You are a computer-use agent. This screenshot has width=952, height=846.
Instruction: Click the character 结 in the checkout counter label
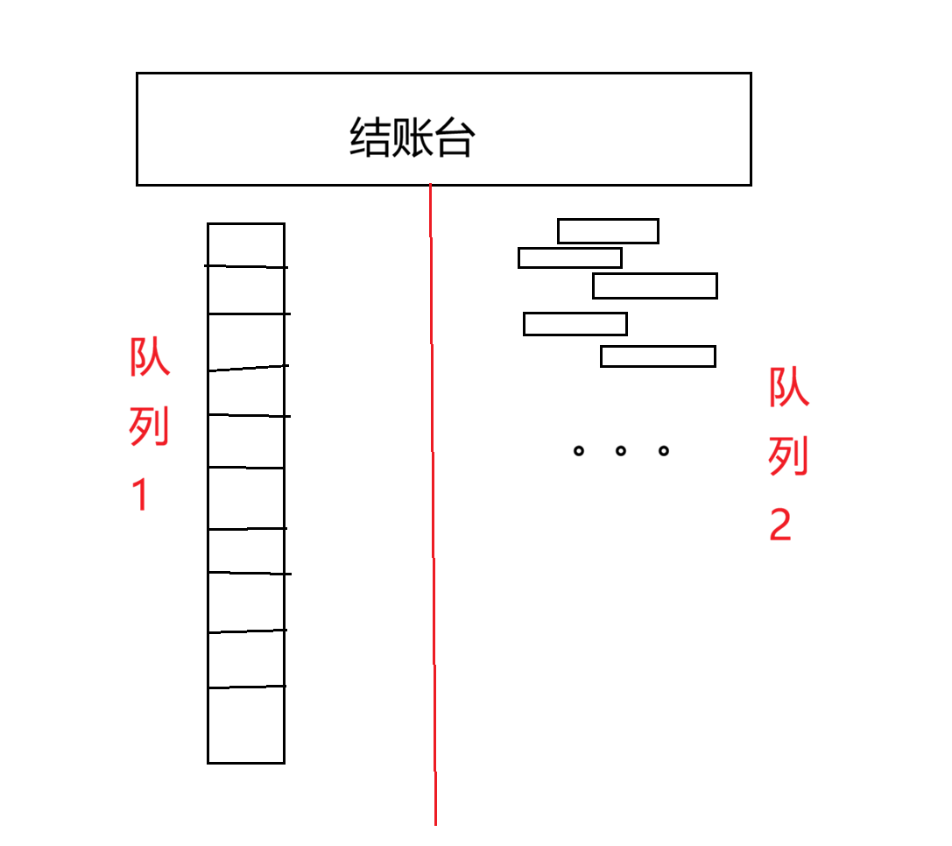pyautogui.click(x=369, y=137)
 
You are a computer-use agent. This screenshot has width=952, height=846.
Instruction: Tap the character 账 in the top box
pyautogui.click(x=411, y=137)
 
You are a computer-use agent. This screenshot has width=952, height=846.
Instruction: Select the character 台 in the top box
pyautogui.click(x=453, y=137)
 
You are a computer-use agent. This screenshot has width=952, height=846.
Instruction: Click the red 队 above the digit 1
pyautogui.click(x=150, y=357)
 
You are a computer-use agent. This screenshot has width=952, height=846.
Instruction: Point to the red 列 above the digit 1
pyautogui.click(x=150, y=427)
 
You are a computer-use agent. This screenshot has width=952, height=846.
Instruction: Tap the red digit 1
pyautogui.click(x=140, y=495)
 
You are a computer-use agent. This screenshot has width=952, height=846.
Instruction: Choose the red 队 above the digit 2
pyautogui.click(x=789, y=387)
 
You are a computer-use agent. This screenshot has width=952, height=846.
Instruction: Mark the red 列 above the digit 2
pyautogui.click(x=789, y=456)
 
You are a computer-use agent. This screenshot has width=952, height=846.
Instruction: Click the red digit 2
pyautogui.click(x=780, y=525)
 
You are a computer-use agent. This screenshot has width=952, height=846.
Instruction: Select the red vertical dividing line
pyautogui.click(x=433, y=525)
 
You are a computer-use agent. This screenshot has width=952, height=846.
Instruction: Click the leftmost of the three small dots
pyautogui.click(x=578, y=451)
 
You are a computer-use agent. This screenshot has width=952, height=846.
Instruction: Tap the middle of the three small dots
pyautogui.click(x=621, y=451)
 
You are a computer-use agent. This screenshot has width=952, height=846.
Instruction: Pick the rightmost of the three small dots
pyautogui.click(x=664, y=451)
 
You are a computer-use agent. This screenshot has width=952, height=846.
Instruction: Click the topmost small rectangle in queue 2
pyautogui.click(x=608, y=231)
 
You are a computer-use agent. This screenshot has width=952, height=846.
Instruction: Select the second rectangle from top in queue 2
pyautogui.click(x=570, y=258)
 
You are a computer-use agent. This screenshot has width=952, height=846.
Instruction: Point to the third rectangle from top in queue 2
pyautogui.click(x=655, y=286)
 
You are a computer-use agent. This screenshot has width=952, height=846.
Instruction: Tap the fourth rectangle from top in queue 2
pyautogui.click(x=575, y=324)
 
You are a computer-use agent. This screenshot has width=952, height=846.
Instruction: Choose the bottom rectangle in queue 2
pyautogui.click(x=658, y=356)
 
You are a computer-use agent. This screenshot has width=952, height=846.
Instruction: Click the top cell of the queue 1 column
pyautogui.click(x=246, y=244)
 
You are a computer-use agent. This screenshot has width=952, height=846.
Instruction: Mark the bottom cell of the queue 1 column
pyautogui.click(x=246, y=725)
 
